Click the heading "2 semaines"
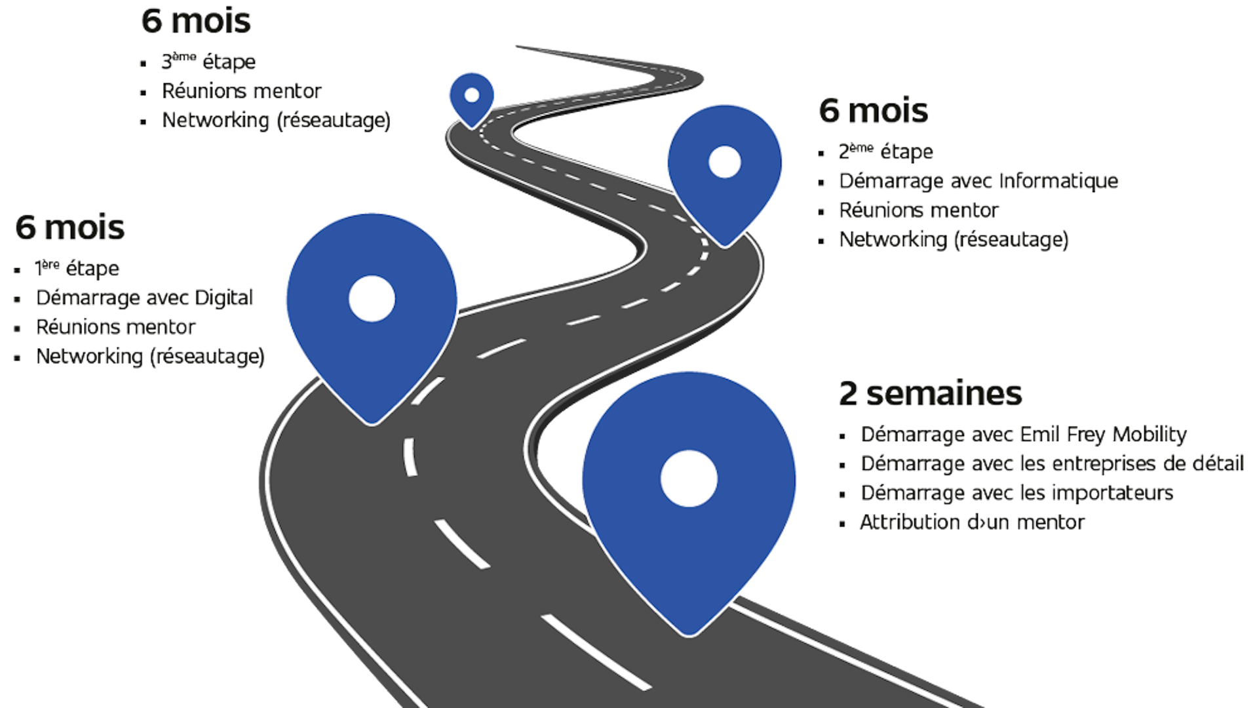[x=930, y=393]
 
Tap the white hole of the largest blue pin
[x=689, y=479]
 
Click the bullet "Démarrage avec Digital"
[x=144, y=298]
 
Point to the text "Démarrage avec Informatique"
[x=978, y=181]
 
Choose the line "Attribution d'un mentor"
[x=973, y=522]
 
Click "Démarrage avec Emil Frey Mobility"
[x=1024, y=435]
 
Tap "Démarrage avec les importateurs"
[x=1017, y=493]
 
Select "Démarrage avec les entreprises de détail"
[x=1052, y=464]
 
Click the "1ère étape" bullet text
[x=77, y=269]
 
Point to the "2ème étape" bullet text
[x=885, y=153]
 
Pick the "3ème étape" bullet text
[x=208, y=62]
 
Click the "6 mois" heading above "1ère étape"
[x=70, y=227]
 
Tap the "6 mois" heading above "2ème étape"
[x=874, y=111]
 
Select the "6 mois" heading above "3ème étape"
[x=196, y=21]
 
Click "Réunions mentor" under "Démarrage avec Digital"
[x=116, y=327]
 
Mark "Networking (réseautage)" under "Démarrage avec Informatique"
[x=954, y=239]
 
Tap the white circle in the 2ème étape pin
[x=725, y=162]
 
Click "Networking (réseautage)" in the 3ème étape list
[x=277, y=121]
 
